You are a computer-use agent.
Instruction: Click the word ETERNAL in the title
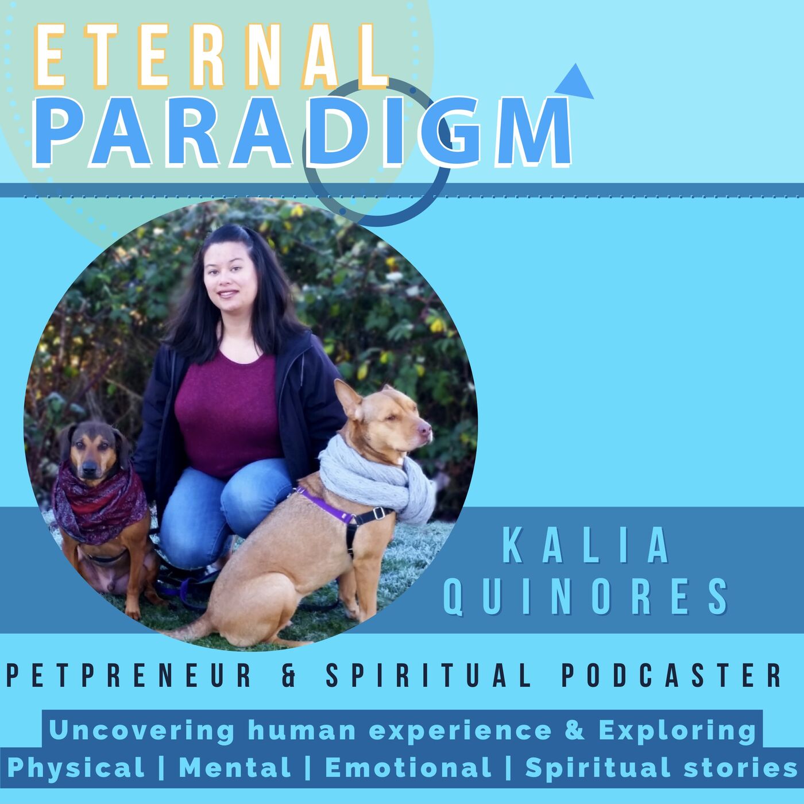point(211,56)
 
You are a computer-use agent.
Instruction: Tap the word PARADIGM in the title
point(303,132)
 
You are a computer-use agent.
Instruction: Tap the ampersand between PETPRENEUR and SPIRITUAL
point(289,675)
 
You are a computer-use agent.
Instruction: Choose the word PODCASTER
point(671,675)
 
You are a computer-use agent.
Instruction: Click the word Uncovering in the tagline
point(142,730)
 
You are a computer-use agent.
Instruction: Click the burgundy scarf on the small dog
point(99,503)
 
